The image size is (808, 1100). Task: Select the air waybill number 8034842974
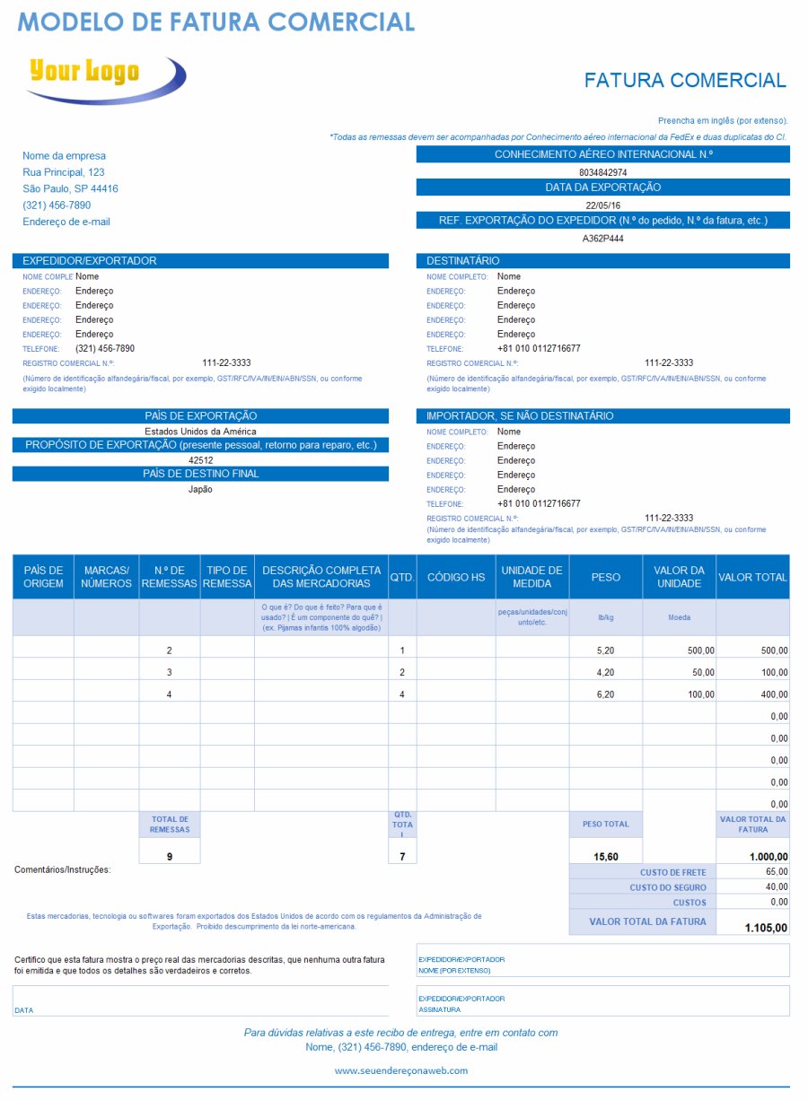pos(602,172)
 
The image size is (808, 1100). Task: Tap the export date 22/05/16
pos(602,205)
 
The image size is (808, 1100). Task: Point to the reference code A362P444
pos(602,239)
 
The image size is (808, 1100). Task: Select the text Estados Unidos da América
pos(200,432)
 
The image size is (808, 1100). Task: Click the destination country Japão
pos(200,489)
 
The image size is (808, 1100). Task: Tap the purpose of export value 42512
pos(200,460)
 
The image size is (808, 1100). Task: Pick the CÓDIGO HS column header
pos(456,577)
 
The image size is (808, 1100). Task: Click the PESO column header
pos(605,577)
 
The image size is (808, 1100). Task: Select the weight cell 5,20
pos(605,650)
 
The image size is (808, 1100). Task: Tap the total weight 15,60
pos(606,857)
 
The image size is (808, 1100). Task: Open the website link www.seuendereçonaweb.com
pos(401,1070)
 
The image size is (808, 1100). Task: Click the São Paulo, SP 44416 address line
pos(70,188)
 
